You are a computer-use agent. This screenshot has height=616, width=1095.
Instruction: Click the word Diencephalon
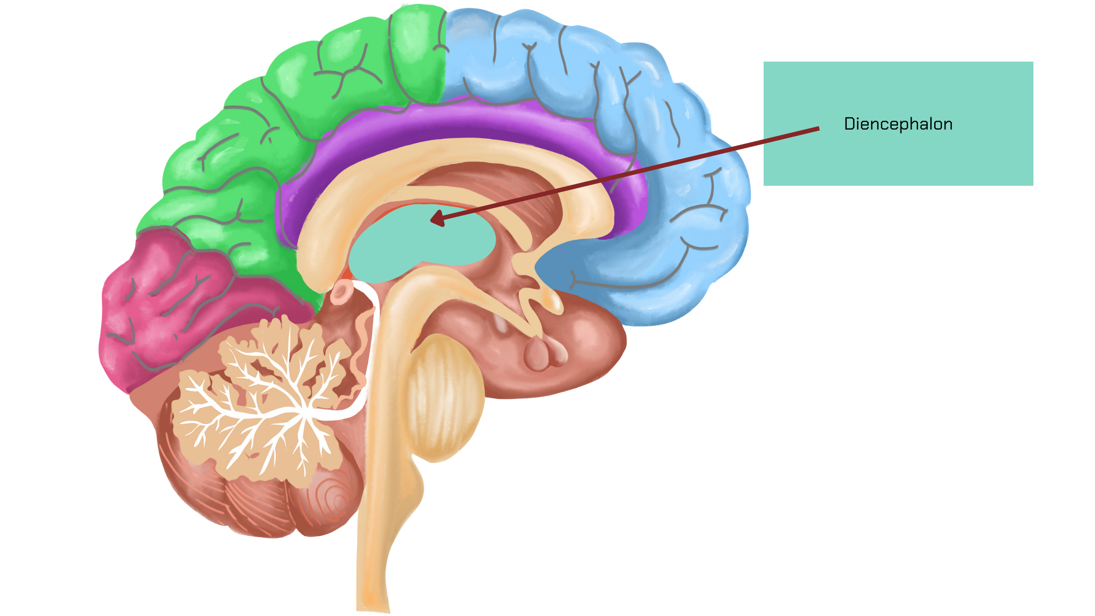coord(898,124)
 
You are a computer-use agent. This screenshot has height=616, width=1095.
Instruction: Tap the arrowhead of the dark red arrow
coord(434,220)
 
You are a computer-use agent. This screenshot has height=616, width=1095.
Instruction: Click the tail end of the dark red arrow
coord(818,129)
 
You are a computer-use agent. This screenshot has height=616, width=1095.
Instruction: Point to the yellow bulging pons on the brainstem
coord(442,396)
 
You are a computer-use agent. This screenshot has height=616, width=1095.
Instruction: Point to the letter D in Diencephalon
coord(849,124)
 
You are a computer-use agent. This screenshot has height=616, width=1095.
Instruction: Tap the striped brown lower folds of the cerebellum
coord(254,504)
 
